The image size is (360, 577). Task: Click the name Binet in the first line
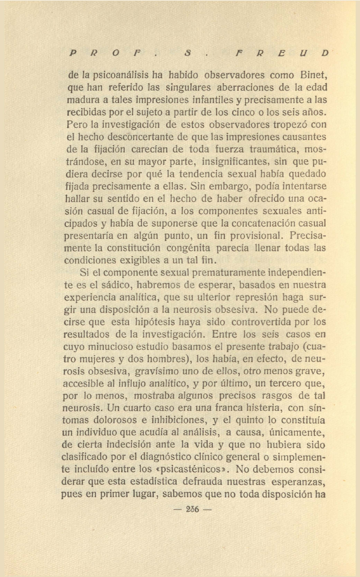click(314, 75)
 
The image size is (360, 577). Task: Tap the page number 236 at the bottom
click(192, 509)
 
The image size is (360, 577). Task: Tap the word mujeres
click(96, 359)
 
